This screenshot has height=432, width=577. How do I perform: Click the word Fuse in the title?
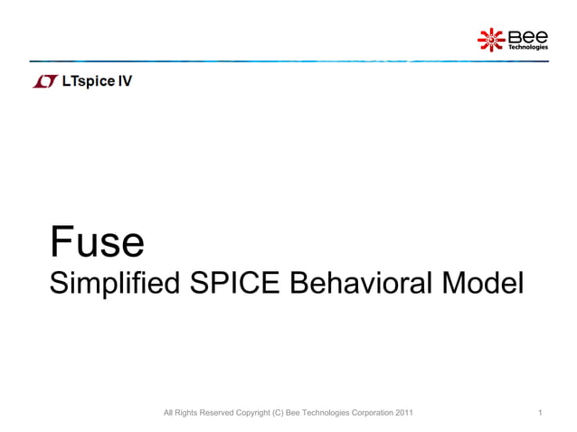[97, 241]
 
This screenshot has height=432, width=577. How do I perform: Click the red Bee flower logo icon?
[491, 39]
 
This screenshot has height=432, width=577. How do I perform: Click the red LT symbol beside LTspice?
[44, 82]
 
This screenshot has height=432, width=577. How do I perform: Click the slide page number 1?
[540, 414]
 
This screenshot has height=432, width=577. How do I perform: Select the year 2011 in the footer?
[404, 414]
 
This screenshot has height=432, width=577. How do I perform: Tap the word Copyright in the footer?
[252, 414]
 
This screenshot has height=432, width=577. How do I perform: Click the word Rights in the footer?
[184, 414]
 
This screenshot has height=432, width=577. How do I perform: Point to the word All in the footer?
[167, 414]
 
